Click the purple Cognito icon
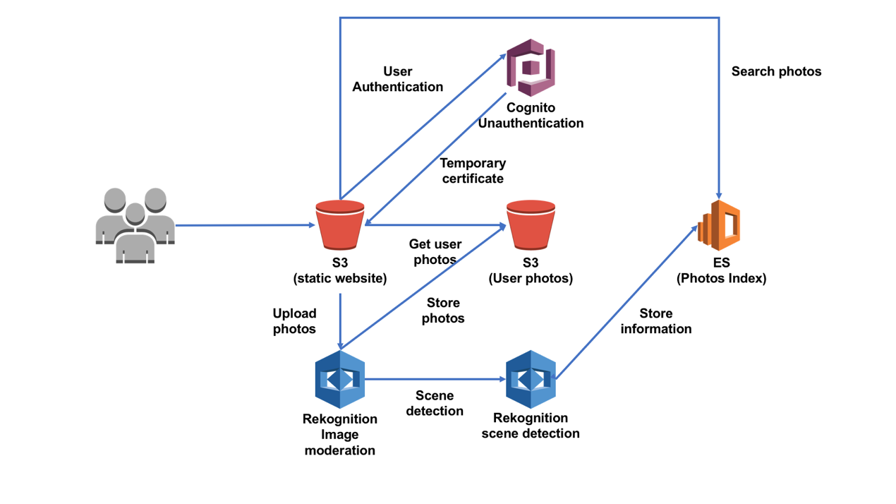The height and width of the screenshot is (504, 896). pyautogui.click(x=531, y=68)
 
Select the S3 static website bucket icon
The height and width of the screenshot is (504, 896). pyautogui.click(x=340, y=225)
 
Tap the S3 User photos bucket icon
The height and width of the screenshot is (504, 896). pyautogui.click(x=531, y=225)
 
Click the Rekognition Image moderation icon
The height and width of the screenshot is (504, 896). pyautogui.click(x=340, y=379)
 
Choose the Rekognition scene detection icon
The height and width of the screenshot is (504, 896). pyautogui.click(x=531, y=379)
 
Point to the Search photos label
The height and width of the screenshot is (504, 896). pyautogui.click(x=776, y=71)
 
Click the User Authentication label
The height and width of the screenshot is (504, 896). pyautogui.click(x=398, y=79)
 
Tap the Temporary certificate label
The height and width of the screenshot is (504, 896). pyautogui.click(x=473, y=171)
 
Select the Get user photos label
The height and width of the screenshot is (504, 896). pyautogui.click(x=435, y=252)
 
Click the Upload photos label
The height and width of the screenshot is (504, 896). pyautogui.click(x=294, y=321)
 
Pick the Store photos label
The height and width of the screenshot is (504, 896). pyautogui.click(x=443, y=311)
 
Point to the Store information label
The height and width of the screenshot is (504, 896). pyautogui.click(x=656, y=321)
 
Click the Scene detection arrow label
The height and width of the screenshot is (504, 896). pyautogui.click(x=435, y=403)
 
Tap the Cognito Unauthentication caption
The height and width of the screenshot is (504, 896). pyautogui.click(x=531, y=115)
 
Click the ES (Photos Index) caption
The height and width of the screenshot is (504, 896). pyautogui.click(x=721, y=270)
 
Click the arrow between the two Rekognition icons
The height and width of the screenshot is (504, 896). pyautogui.click(x=435, y=379)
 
